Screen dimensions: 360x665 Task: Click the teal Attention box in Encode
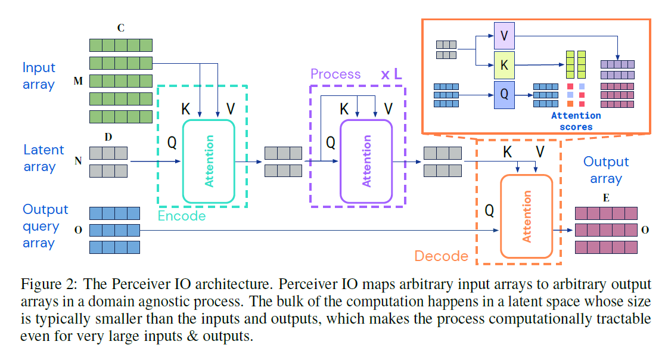209,161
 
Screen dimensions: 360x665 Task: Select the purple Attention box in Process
366,161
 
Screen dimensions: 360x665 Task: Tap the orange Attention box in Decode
526,216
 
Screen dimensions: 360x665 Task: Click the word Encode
182,216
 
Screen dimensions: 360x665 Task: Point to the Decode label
441,256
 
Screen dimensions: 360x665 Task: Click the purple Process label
335,74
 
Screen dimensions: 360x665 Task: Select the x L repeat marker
391,75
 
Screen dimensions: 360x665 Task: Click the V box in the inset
504,36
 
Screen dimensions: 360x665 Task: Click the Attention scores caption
576,121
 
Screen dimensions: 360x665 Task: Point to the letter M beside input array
78,81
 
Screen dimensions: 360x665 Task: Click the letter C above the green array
121,27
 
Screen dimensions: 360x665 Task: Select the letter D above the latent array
108,137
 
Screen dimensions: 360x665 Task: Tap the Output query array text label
45,226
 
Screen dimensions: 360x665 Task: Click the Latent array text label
43,159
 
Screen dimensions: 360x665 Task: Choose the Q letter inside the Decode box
489,210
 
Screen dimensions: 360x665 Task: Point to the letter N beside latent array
78,162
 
